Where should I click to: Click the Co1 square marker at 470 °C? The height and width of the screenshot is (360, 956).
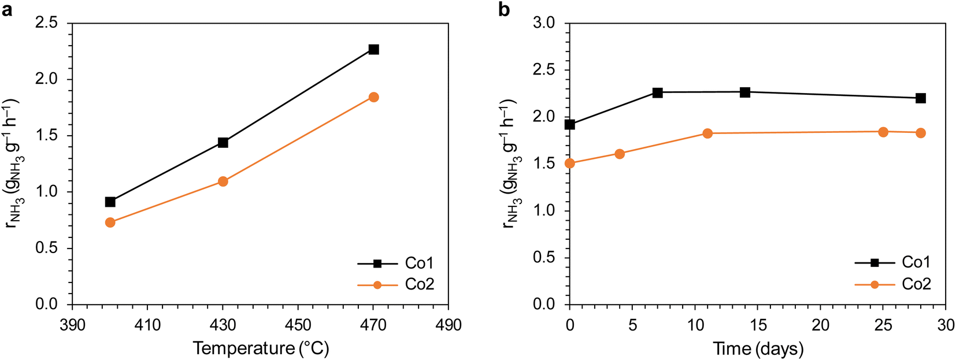tap(373, 50)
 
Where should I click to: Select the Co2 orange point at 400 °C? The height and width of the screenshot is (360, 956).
tap(110, 222)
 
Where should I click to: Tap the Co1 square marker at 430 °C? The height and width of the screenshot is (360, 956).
tap(223, 143)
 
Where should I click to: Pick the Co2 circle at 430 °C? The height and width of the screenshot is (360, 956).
tap(223, 181)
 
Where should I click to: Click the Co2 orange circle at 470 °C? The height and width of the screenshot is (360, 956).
tap(373, 97)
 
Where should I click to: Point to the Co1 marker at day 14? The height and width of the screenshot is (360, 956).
tap(745, 92)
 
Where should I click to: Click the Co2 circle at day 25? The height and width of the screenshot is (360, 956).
tap(883, 132)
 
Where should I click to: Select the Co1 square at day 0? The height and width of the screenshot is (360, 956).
tap(570, 124)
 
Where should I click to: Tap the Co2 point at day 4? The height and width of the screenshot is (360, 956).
tap(620, 154)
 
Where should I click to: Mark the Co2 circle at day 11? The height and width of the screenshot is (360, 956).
tap(707, 133)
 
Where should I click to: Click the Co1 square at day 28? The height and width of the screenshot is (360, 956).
tap(921, 98)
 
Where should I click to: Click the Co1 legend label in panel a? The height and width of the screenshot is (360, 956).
tap(419, 263)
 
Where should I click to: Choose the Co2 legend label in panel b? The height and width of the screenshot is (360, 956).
tap(916, 284)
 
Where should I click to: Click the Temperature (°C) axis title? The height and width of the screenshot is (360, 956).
tap(261, 348)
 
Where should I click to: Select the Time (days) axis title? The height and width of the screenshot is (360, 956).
tap(758, 348)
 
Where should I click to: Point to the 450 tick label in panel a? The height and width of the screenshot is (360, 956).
tap(298, 325)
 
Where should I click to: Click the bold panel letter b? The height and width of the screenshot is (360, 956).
tap(504, 10)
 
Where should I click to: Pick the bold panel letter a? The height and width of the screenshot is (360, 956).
tap(7, 10)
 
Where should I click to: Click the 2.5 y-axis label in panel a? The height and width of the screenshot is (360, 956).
tap(46, 24)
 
